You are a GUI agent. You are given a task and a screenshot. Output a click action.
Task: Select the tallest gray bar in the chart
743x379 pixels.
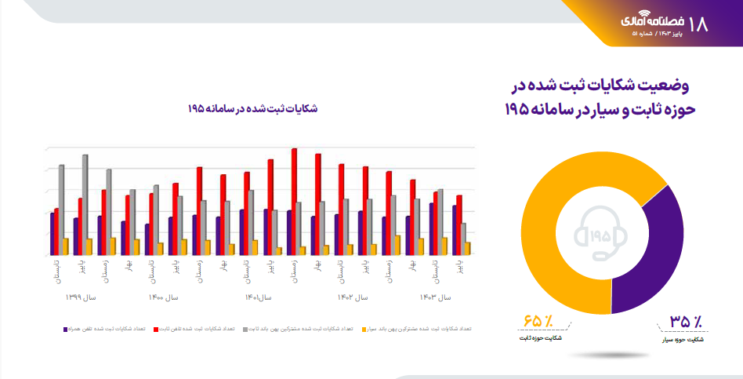coord(85,204)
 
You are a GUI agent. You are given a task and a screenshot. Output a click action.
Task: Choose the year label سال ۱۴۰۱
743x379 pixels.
coord(258,297)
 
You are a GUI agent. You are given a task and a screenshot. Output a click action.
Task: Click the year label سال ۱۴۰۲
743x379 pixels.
coord(353,297)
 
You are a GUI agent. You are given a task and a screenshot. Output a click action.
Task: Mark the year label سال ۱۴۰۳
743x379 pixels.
coord(436,297)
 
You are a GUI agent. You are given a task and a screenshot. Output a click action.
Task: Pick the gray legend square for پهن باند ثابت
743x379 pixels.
coord(245,330)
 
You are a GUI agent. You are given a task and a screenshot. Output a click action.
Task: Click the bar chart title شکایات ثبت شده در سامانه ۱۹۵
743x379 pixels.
coord(253,108)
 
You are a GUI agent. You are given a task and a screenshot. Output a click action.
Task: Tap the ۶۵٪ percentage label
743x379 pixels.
coord(538,322)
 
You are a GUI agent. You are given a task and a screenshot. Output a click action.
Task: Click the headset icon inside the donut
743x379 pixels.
coord(602,235)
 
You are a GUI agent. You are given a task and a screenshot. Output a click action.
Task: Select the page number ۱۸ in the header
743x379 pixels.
coord(700,24)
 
